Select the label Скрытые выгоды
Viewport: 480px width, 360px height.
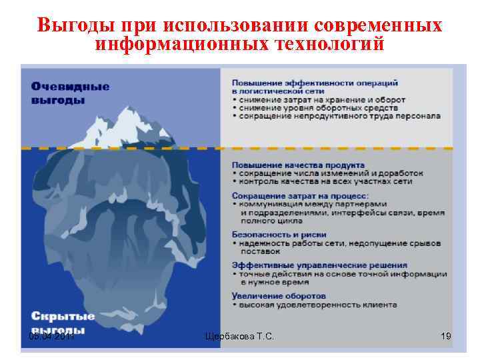(x=63, y=323)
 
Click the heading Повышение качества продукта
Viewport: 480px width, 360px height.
(x=297, y=164)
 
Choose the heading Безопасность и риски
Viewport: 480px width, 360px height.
(x=279, y=235)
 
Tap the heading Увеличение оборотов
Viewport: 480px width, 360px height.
(x=279, y=295)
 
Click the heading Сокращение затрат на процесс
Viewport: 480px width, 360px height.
(x=299, y=195)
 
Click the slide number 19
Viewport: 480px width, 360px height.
(x=446, y=337)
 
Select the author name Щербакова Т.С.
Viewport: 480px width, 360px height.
(x=239, y=338)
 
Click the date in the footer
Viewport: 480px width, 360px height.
(x=52, y=337)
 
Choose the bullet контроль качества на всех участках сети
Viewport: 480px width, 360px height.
(x=325, y=181)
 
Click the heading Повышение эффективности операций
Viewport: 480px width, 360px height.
(x=315, y=83)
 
